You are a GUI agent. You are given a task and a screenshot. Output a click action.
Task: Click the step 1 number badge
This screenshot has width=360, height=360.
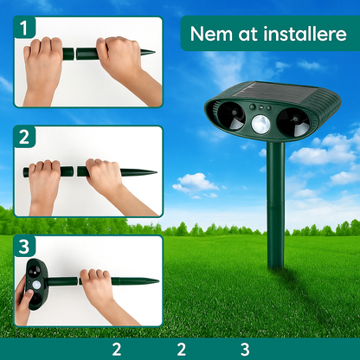click(23, 28)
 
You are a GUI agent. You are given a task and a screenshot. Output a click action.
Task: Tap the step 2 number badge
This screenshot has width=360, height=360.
click(23, 137)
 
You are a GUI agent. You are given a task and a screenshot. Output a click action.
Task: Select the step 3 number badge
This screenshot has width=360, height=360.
click(23, 247)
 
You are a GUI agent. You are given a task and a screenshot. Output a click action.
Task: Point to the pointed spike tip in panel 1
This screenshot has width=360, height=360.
click(150, 54)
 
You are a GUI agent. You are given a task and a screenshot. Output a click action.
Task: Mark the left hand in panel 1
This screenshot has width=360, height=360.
click(44, 61)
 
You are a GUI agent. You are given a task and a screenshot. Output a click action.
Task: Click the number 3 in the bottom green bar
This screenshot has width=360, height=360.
click(245, 349)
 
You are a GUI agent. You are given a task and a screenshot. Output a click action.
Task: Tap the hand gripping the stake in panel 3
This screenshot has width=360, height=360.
click(97, 290)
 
